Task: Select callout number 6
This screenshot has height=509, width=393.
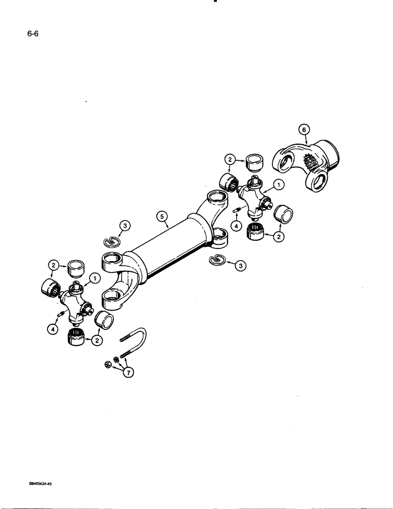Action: pos(304,130)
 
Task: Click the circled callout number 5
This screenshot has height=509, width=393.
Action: pos(162,218)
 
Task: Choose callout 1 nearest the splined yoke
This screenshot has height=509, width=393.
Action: pos(278,186)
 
